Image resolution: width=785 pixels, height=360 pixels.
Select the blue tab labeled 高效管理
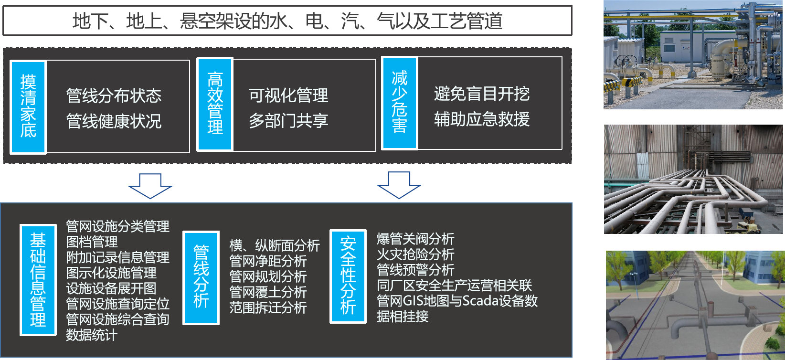point(215,104)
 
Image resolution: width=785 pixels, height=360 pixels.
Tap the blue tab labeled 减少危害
point(399,103)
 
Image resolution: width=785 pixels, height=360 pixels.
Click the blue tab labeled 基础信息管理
point(38,280)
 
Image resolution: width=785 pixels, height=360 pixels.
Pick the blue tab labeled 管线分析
point(201,277)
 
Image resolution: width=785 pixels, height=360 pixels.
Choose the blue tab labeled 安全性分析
point(348,276)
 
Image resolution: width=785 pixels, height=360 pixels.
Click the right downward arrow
point(399,185)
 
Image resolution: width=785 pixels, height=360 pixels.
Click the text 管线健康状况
point(114,121)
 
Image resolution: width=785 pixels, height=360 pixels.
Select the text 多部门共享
point(288,120)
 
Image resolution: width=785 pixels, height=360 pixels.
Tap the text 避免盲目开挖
point(482,94)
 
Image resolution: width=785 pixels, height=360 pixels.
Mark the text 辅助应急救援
point(482,119)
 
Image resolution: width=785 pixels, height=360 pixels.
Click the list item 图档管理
point(92,242)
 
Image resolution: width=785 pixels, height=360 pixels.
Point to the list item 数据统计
point(91,335)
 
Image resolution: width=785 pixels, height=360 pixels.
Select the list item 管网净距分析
point(268,261)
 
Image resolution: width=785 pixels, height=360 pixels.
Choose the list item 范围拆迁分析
point(268,307)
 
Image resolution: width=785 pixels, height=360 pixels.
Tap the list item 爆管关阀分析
point(415,239)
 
